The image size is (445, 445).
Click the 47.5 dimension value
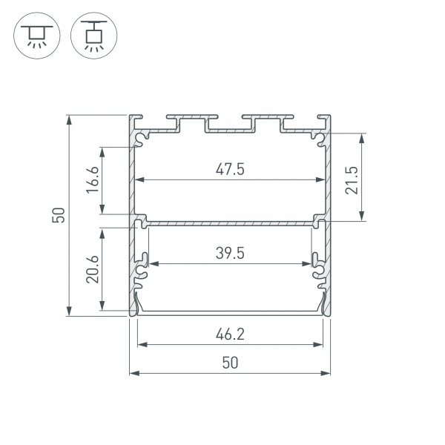(x=230, y=169)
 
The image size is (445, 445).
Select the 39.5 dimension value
(x=230, y=253)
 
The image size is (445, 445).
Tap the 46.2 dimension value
(x=230, y=334)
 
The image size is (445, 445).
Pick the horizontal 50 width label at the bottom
(x=230, y=363)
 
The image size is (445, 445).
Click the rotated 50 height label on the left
(x=59, y=215)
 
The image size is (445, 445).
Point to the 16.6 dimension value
(x=92, y=180)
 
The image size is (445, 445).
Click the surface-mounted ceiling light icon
(x=34, y=34)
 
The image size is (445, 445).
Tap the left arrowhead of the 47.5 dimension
(x=138, y=179)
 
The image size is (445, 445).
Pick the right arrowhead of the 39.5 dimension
(x=309, y=263)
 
